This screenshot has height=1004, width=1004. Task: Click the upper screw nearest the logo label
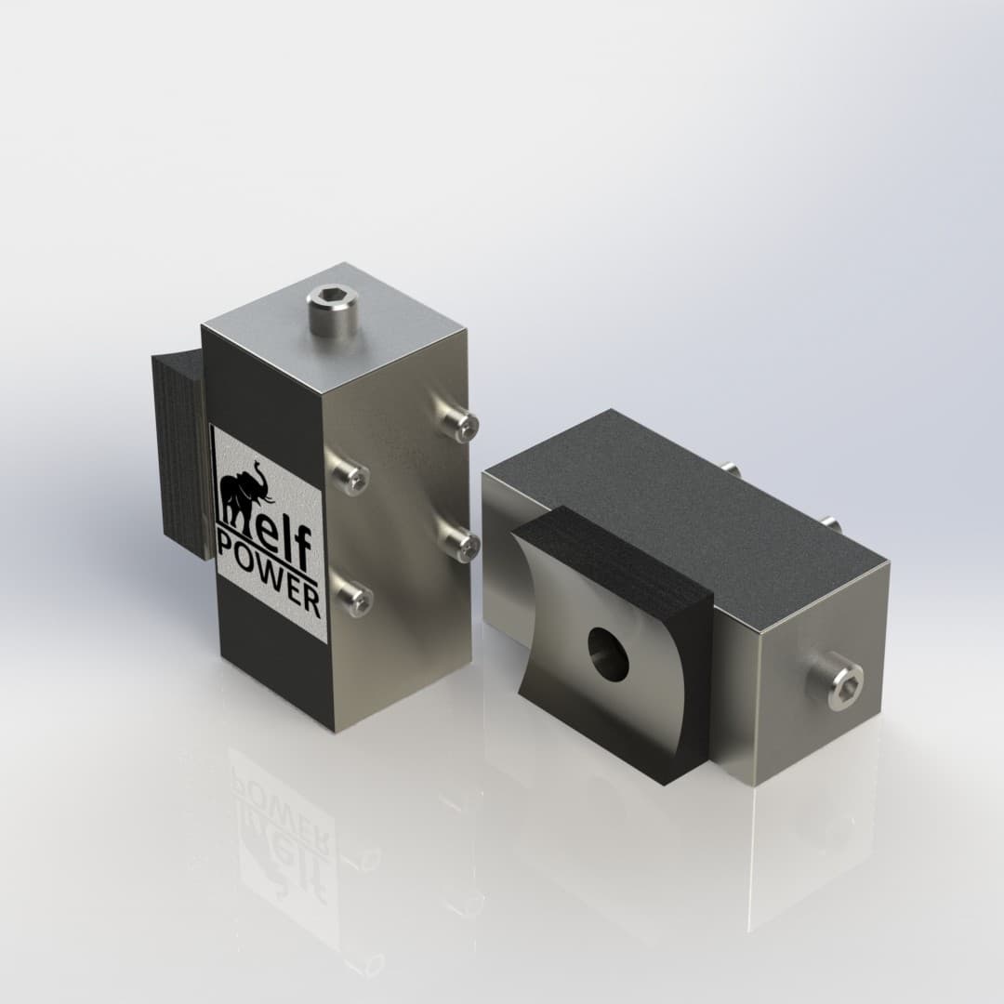(352, 477)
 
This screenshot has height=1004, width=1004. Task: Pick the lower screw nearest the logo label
(354, 597)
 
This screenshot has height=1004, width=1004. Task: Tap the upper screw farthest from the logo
(460, 424)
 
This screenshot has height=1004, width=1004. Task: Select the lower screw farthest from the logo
(460, 540)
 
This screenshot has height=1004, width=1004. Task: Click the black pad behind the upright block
(178, 456)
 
